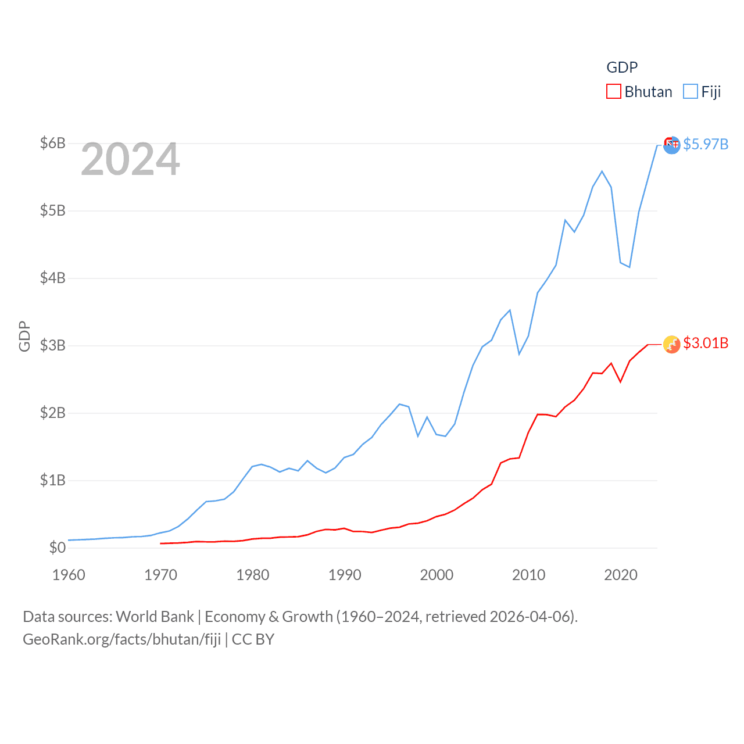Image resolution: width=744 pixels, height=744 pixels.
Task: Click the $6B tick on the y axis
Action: click(x=52, y=143)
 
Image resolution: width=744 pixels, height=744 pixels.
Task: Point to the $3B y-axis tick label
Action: click(x=52, y=345)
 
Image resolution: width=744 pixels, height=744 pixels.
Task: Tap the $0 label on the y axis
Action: click(x=58, y=548)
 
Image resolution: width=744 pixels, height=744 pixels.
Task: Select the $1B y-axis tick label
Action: click(x=52, y=480)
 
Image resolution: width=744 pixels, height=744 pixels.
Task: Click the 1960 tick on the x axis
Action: click(x=69, y=575)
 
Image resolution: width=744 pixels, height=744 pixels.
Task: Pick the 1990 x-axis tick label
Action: click(x=345, y=575)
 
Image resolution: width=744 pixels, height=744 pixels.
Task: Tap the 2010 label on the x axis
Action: click(x=528, y=575)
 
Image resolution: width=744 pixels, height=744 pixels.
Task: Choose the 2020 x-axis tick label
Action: click(x=621, y=575)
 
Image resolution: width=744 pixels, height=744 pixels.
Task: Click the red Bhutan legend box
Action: click(x=614, y=91)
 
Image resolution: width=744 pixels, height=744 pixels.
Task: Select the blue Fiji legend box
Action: click(x=691, y=91)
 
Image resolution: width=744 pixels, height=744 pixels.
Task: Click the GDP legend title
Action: click(x=622, y=67)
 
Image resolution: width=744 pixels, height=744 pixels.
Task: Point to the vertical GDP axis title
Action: click(x=24, y=336)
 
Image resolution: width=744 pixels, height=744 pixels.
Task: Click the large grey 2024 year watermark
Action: click(x=130, y=159)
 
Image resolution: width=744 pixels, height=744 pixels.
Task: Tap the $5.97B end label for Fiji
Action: click(x=706, y=144)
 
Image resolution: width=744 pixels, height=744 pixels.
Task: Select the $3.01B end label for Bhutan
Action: click(x=706, y=343)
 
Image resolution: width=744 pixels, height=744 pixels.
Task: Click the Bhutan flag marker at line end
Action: click(x=672, y=344)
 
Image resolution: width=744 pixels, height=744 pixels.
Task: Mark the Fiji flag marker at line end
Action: click(x=672, y=145)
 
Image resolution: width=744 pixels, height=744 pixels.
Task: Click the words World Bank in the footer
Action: click(x=155, y=616)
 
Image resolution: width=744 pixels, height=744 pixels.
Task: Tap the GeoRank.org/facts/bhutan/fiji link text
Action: click(x=122, y=639)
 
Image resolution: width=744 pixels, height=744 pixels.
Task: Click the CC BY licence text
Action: click(x=253, y=639)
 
